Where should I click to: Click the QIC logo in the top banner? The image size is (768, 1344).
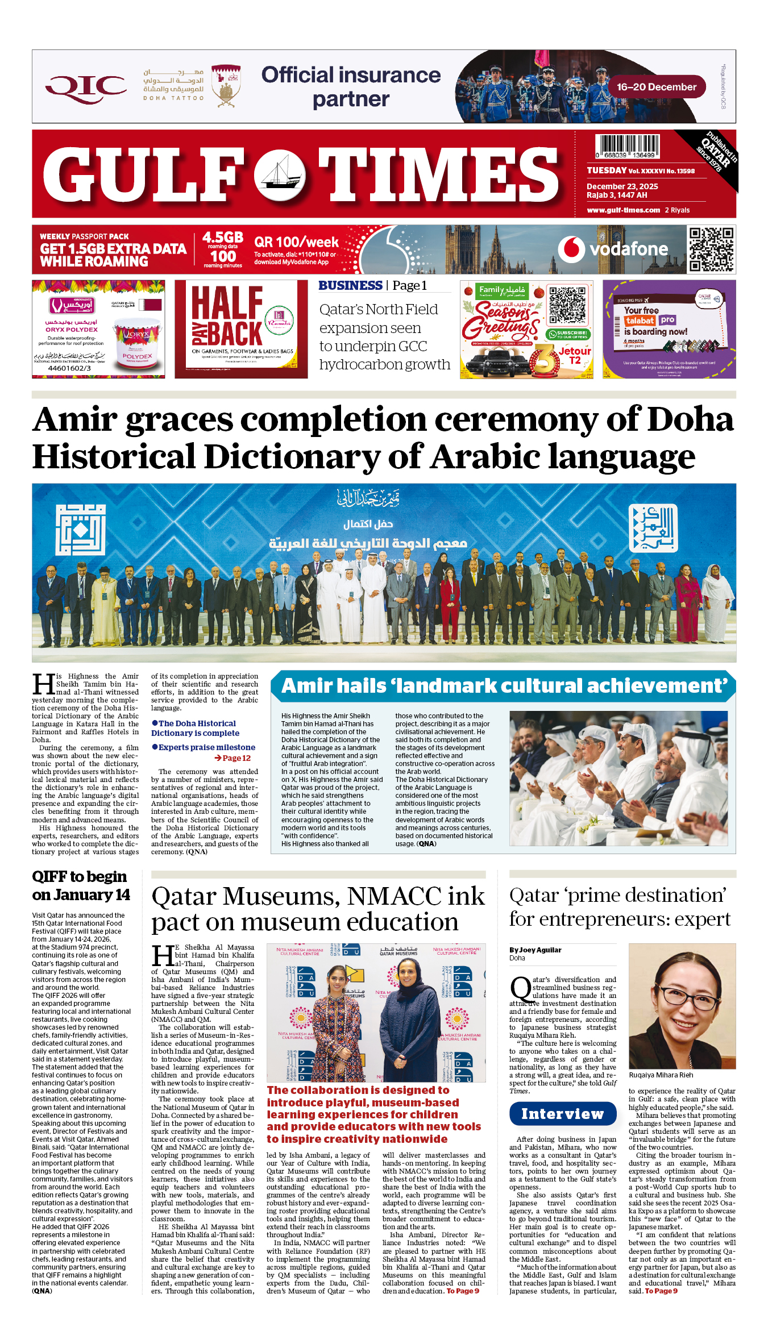click(x=86, y=88)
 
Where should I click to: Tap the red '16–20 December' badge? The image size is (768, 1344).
click(x=657, y=87)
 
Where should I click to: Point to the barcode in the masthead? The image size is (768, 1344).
click(x=627, y=146)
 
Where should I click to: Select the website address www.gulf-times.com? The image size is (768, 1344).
click(x=623, y=210)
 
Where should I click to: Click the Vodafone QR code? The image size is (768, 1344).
click(x=711, y=249)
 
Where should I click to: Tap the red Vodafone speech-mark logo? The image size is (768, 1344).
click(x=571, y=249)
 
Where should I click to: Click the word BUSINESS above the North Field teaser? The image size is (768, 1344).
click(x=350, y=285)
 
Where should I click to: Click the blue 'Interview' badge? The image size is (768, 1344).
click(x=562, y=1114)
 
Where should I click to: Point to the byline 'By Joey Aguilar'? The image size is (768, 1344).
click(x=535, y=950)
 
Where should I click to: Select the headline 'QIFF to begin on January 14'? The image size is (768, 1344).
click(x=81, y=886)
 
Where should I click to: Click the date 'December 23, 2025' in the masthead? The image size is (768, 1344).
click(x=622, y=186)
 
